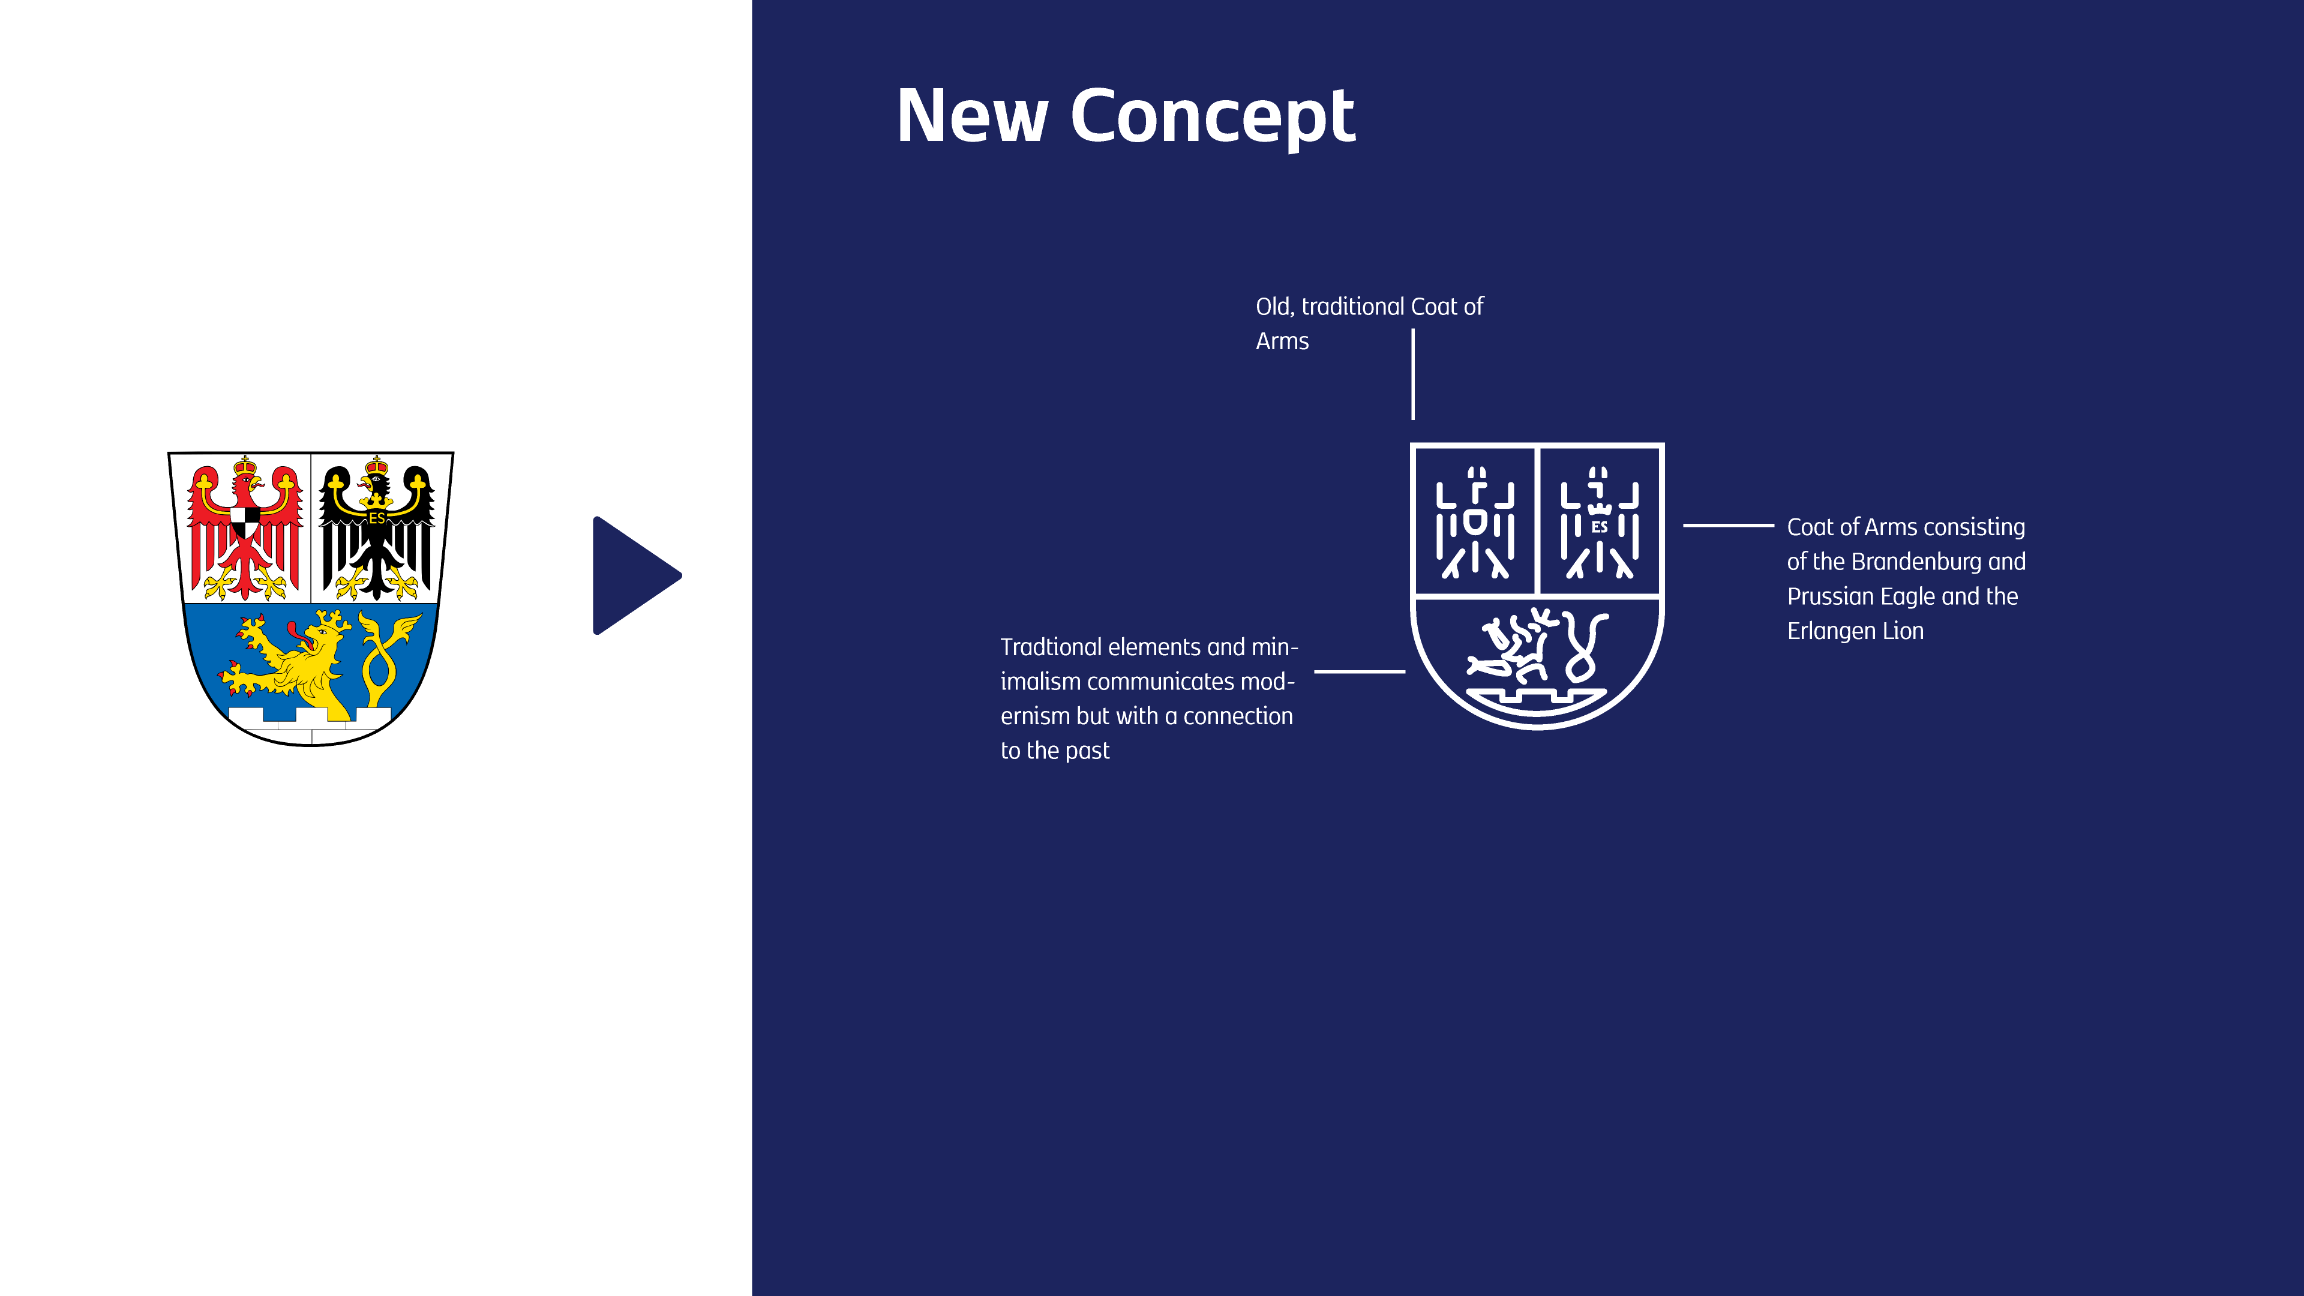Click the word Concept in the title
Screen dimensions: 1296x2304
(x=1212, y=116)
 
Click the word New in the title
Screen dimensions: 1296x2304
(x=971, y=116)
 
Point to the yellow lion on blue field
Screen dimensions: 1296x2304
(x=290, y=662)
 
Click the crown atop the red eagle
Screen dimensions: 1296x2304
(x=244, y=466)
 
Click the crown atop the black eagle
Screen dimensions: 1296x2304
(x=377, y=466)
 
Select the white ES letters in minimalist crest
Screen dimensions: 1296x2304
(x=1599, y=528)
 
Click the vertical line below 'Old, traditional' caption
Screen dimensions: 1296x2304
(x=1413, y=374)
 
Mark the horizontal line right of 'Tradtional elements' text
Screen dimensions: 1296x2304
(x=1360, y=671)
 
